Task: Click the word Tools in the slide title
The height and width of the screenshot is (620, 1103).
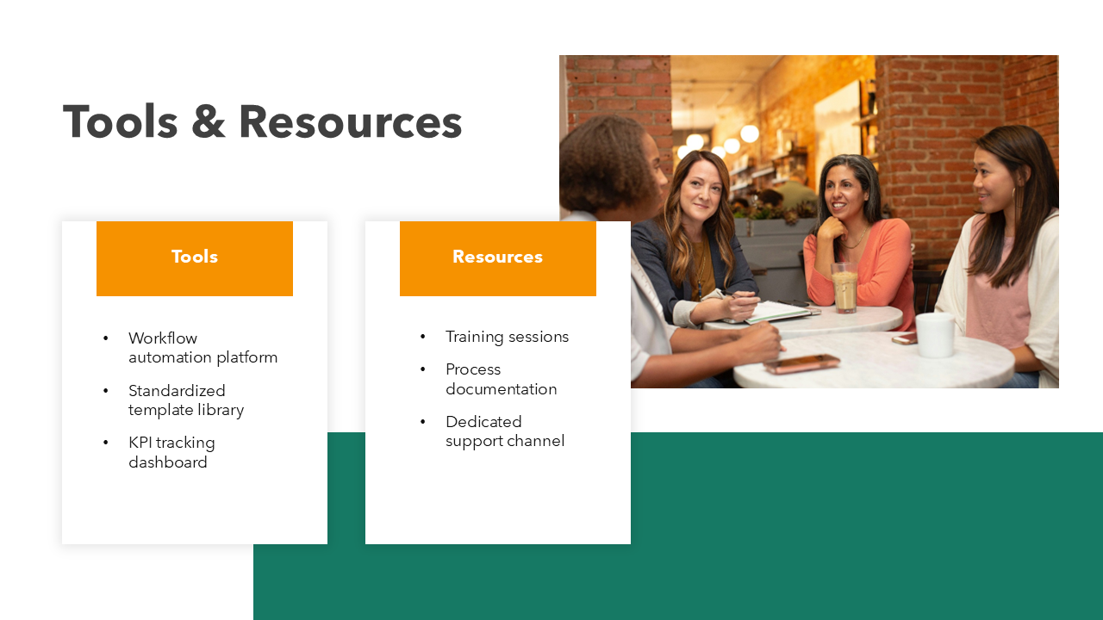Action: coord(121,121)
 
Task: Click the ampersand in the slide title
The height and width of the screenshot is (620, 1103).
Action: coord(207,122)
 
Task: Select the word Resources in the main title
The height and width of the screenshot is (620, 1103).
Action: coord(350,122)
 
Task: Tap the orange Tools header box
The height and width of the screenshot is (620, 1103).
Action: coord(195,257)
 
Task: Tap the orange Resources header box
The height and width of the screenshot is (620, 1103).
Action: coord(498,257)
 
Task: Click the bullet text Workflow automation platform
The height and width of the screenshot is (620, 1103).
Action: coord(203,348)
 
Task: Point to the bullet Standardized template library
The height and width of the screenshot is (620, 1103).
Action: coord(185,400)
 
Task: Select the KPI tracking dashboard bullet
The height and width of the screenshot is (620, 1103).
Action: coord(171,452)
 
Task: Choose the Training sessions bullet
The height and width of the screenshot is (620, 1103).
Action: coord(507,337)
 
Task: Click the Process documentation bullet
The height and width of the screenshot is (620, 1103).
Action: coord(501,379)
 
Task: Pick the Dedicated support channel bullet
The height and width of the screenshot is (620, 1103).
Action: coord(504,431)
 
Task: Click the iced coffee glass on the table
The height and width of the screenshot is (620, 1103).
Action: coord(844,288)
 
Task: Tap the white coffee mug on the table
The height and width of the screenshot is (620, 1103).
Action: coord(934,335)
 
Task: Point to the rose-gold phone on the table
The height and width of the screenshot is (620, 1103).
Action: coord(801,363)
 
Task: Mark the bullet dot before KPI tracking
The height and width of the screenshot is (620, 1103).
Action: coord(106,443)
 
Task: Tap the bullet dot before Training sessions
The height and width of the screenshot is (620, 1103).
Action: coord(423,337)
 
